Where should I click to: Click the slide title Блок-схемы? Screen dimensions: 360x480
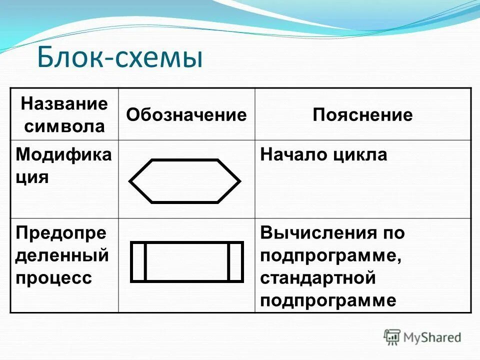coord(120,57)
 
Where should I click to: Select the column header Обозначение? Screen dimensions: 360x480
coord(186,115)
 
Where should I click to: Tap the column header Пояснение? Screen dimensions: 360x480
coord(362,115)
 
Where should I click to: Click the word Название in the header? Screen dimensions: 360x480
coord(64,104)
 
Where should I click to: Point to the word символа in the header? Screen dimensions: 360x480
coord(64,126)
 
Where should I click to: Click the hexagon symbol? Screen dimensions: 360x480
coord(185,181)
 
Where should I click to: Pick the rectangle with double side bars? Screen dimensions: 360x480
coord(186,261)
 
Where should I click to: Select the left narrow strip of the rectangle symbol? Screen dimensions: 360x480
coord(138,261)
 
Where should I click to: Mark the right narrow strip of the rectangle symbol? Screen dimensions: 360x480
coord(235,261)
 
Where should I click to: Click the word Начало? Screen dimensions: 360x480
coord(292,154)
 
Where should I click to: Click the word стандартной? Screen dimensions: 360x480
coord(317,277)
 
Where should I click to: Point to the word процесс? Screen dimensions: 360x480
coord(53,277)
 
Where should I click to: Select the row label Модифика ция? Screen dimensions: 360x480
coord(63,165)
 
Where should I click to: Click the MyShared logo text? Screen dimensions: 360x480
coord(432,337)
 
